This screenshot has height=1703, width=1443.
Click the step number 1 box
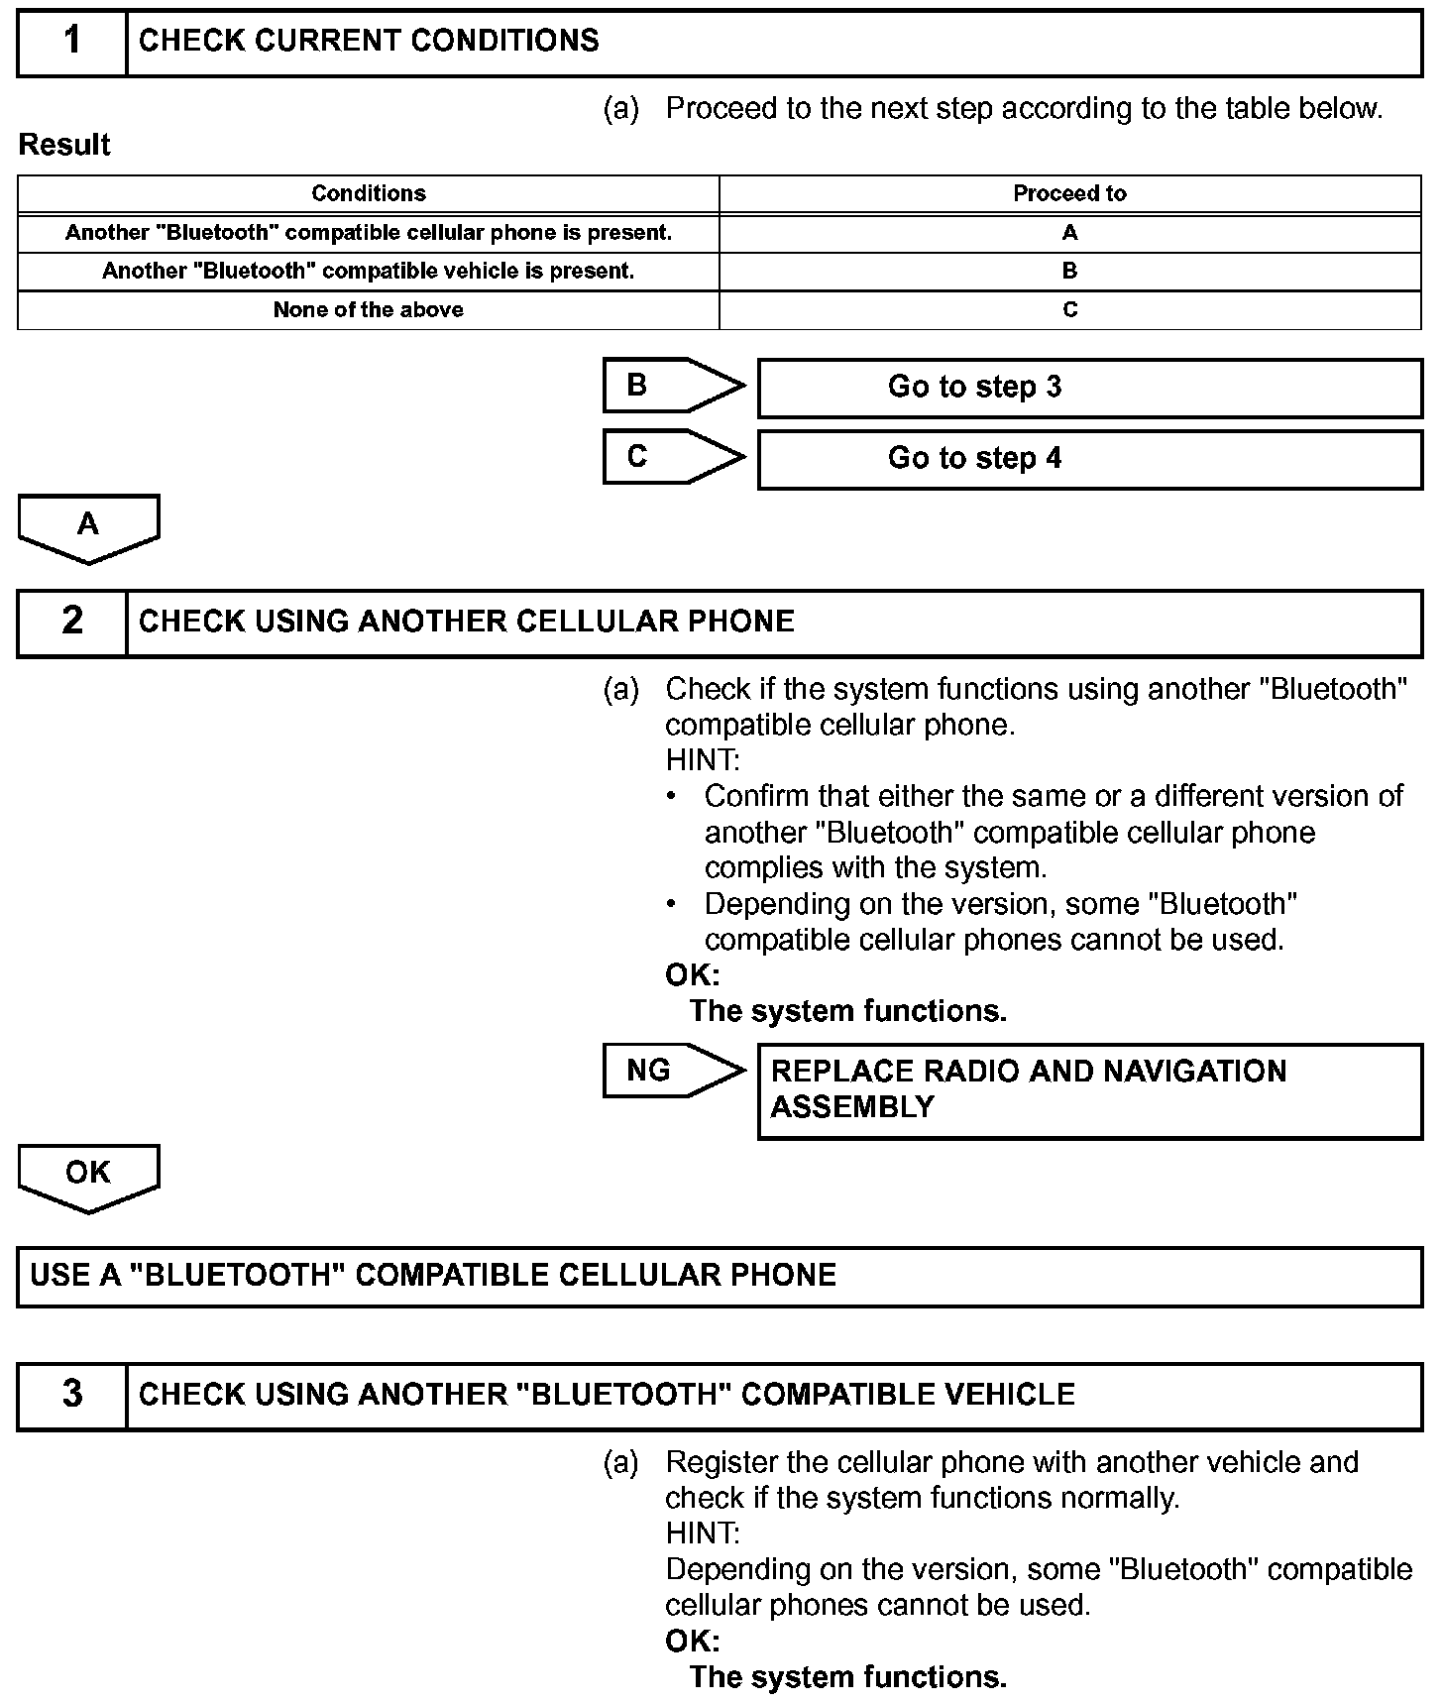coord(72,42)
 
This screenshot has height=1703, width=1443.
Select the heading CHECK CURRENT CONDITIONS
coord(369,41)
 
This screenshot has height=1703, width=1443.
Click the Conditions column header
coord(369,193)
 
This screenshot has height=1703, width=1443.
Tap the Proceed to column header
coord(1069,193)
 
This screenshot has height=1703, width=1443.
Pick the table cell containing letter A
coord(1069,233)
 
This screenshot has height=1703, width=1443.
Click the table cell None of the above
coord(369,309)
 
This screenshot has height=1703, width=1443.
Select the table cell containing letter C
coord(1069,309)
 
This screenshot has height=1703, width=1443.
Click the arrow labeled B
coord(672,386)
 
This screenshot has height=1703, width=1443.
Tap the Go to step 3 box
coord(1089,387)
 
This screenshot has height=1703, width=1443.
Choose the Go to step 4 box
coord(1089,458)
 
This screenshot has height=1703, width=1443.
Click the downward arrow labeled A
coord(88,526)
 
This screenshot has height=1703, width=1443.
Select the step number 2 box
coord(72,622)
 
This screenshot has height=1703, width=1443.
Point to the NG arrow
coord(672,1071)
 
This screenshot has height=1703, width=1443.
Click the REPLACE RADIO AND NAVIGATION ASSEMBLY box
coord(1089,1089)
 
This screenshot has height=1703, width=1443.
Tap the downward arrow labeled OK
coord(88,1176)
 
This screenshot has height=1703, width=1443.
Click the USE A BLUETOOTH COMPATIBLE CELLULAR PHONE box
coord(720,1275)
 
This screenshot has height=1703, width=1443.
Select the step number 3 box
coord(72,1395)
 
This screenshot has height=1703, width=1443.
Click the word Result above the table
coord(64,145)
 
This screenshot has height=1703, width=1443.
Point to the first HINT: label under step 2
coord(702,760)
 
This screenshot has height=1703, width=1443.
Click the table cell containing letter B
coord(1069,271)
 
